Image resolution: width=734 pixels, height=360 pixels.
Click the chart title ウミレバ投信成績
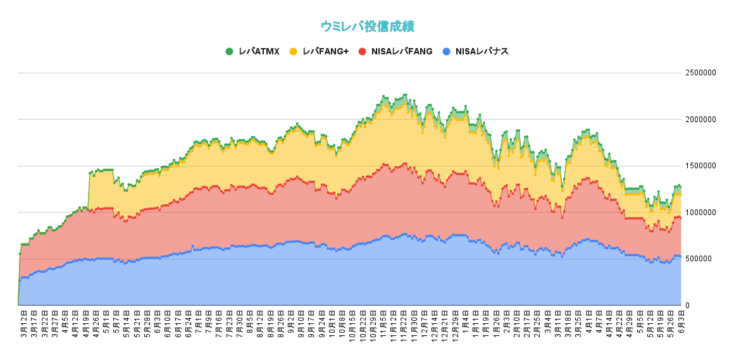(x=367, y=27)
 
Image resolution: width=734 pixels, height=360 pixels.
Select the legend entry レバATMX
(x=259, y=51)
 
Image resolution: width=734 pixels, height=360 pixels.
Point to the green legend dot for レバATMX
(x=229, y=51)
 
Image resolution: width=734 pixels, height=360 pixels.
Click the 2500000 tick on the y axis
(x=700, y=73)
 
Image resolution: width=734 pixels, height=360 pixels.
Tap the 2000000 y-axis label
(x=700, y=120)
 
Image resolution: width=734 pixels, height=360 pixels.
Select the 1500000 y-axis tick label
(x=700, y=166)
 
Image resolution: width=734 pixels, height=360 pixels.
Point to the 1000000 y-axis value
(x=700, y=213)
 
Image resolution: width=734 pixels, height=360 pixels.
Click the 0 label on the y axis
(x=688, y=306)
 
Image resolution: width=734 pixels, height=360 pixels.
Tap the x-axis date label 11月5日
(x=383, y=323)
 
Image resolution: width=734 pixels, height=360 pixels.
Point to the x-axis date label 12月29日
(x=455, y=324)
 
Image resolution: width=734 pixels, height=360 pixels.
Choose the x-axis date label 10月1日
(x=332, y=323)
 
